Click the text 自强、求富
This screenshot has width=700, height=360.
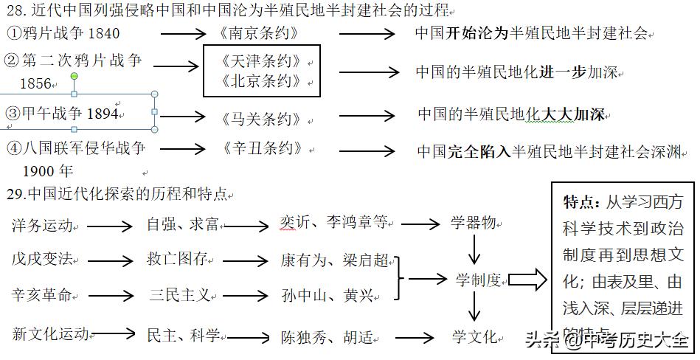pos(182,225)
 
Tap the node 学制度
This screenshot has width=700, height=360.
pos(478,280)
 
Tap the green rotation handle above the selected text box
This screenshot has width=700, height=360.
pos(74,76)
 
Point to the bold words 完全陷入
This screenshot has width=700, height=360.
pos(479,152)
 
